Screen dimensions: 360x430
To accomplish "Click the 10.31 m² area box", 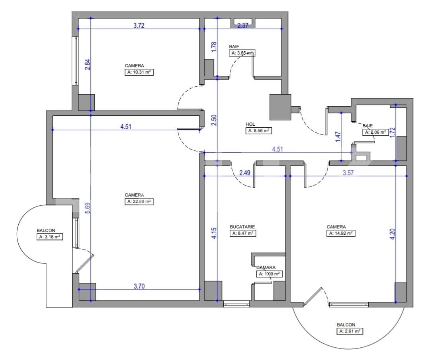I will (139, 72).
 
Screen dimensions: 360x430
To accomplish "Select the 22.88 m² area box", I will (139, 202).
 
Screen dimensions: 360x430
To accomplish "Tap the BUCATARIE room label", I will (242, 227).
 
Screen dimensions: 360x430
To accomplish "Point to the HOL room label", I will (250, 124).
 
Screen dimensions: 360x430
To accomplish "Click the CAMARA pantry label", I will (266, 268).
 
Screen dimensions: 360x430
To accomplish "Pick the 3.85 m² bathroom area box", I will (242, 53).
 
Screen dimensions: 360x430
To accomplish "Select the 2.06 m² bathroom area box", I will (375, 132).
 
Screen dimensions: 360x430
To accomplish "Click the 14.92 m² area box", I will (341, 234).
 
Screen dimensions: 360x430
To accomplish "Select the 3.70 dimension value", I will (139, 286).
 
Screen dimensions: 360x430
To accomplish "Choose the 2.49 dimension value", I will (244, 173).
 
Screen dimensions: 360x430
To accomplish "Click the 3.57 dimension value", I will (348, 173).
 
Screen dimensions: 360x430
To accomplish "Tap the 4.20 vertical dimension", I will (393, 233).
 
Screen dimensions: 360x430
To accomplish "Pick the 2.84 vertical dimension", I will (88, 65).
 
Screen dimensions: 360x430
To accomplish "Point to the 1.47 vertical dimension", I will (338, 137).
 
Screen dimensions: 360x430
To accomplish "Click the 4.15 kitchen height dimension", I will (214, 233).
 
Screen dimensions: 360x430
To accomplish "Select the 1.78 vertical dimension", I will (214, 47).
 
